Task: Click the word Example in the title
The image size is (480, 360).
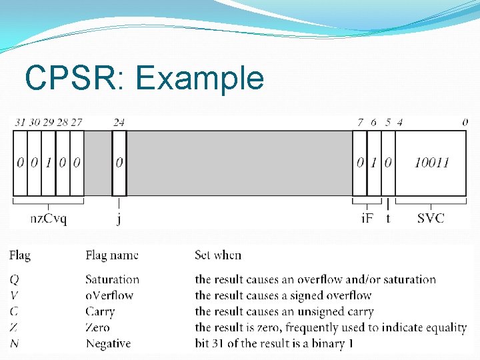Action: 199,79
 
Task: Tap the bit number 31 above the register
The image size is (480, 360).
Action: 20,122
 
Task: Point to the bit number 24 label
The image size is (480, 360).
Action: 119,122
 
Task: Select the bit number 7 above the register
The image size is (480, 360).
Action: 360,122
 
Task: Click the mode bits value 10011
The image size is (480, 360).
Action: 431,163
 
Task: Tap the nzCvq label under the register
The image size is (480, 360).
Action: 48,218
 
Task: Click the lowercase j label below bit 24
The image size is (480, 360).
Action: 119,219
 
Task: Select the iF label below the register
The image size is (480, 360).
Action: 367,218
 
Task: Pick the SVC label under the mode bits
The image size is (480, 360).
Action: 431,218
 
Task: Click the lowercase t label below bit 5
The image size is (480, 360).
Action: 388,218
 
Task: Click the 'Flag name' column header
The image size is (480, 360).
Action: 112,255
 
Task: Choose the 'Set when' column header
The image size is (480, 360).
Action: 218,255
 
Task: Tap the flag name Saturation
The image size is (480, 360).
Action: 112,279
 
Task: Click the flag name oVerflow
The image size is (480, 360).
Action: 109,295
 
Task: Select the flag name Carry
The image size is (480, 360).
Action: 100,311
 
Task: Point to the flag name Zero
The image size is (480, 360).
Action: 97,327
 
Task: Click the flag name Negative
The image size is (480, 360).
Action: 108,343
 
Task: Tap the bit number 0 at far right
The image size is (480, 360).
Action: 465,122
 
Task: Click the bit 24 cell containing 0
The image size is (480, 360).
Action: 119,163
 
